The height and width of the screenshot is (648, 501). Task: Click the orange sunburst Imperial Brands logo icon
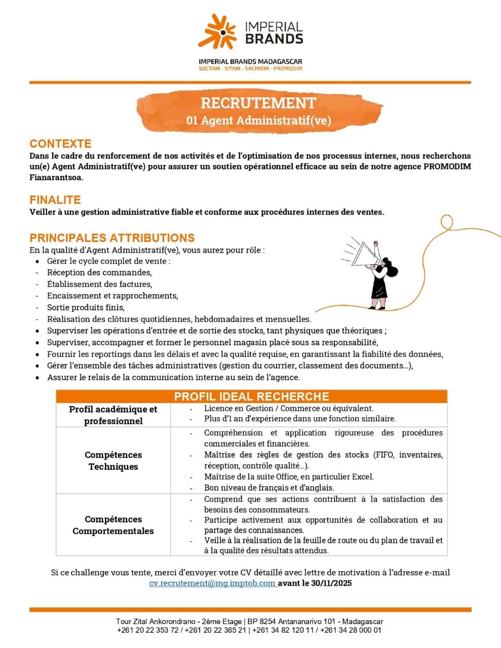tap(217, 31)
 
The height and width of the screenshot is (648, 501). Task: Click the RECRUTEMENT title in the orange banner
tap(258, 103)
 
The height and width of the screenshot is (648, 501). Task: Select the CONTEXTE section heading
tap(60, 144)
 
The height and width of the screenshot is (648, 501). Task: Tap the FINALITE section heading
tap(55, 200)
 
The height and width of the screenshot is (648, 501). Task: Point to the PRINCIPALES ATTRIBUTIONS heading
tap(112, 238)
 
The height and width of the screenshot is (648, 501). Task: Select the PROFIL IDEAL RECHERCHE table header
tap(251, 396)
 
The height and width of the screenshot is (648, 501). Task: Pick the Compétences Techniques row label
tap(113, 461)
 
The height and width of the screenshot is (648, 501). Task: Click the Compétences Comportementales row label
tap(113, 525)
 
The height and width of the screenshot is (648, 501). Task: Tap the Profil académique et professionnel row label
tap(113, 415)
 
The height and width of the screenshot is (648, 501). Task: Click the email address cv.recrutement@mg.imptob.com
tap(212, 583)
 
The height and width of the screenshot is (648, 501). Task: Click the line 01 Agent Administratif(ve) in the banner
tap(258, 120)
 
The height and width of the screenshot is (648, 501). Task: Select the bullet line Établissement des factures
tap(99, 284)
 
